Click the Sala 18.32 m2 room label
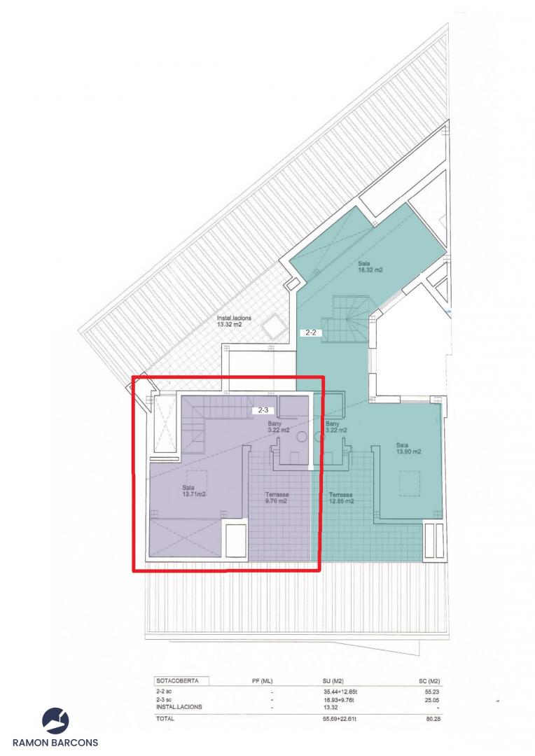pos(370,267)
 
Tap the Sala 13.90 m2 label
pos(409,449)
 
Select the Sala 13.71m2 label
pos(195,490)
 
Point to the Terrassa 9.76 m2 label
pos(277,498)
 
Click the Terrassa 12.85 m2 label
pos(341,498)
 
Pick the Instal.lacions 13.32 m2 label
pos(234,321)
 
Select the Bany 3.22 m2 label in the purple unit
pos(279,427)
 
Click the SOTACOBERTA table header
pos(176,681)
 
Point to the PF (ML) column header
pos(262,681)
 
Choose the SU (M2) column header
pos(333,681)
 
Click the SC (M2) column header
pos(429,681)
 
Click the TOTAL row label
pos(165,718)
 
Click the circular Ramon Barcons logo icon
pos(55,721)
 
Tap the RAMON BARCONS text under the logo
pos(55,743)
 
